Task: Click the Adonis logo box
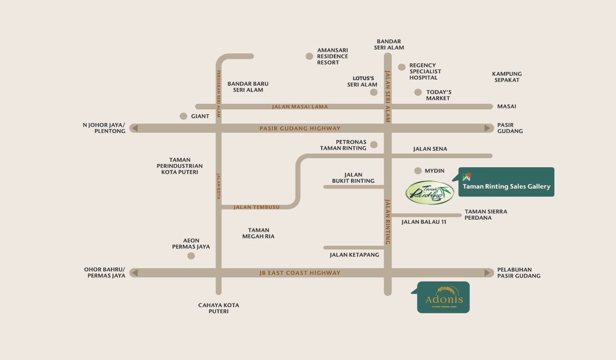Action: click(x=444, y=297)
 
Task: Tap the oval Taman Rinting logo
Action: click(x=430, y=192)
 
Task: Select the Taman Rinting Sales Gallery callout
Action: click(x=507, y=186)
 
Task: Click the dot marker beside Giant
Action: click(x=183, y=116)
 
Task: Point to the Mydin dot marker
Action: click(x=418, y=171)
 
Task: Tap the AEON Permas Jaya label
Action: click(x=191, y=243)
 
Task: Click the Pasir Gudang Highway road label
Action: click(x=300, y=128)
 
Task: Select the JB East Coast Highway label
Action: click(x=300, y=273)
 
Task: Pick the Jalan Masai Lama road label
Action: click(x=300, y=107)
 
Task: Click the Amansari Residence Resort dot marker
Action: click(x=309, y=56)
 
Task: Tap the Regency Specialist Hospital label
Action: click(x=425, y=72)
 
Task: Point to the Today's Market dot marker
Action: click(x=418, y=92)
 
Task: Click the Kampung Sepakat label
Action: click(x=507, y=77)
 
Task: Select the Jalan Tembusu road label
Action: click(x=256, y=207)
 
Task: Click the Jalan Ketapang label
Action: click(x=354, y=255)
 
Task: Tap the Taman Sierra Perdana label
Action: click(x=486, y=215)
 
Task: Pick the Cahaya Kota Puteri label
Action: click(x=218, y=308)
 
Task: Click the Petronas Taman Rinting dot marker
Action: click(x=374, y=144)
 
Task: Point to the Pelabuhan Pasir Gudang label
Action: click(x=518, y=273)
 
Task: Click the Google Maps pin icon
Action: click(x=467, y=177)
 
